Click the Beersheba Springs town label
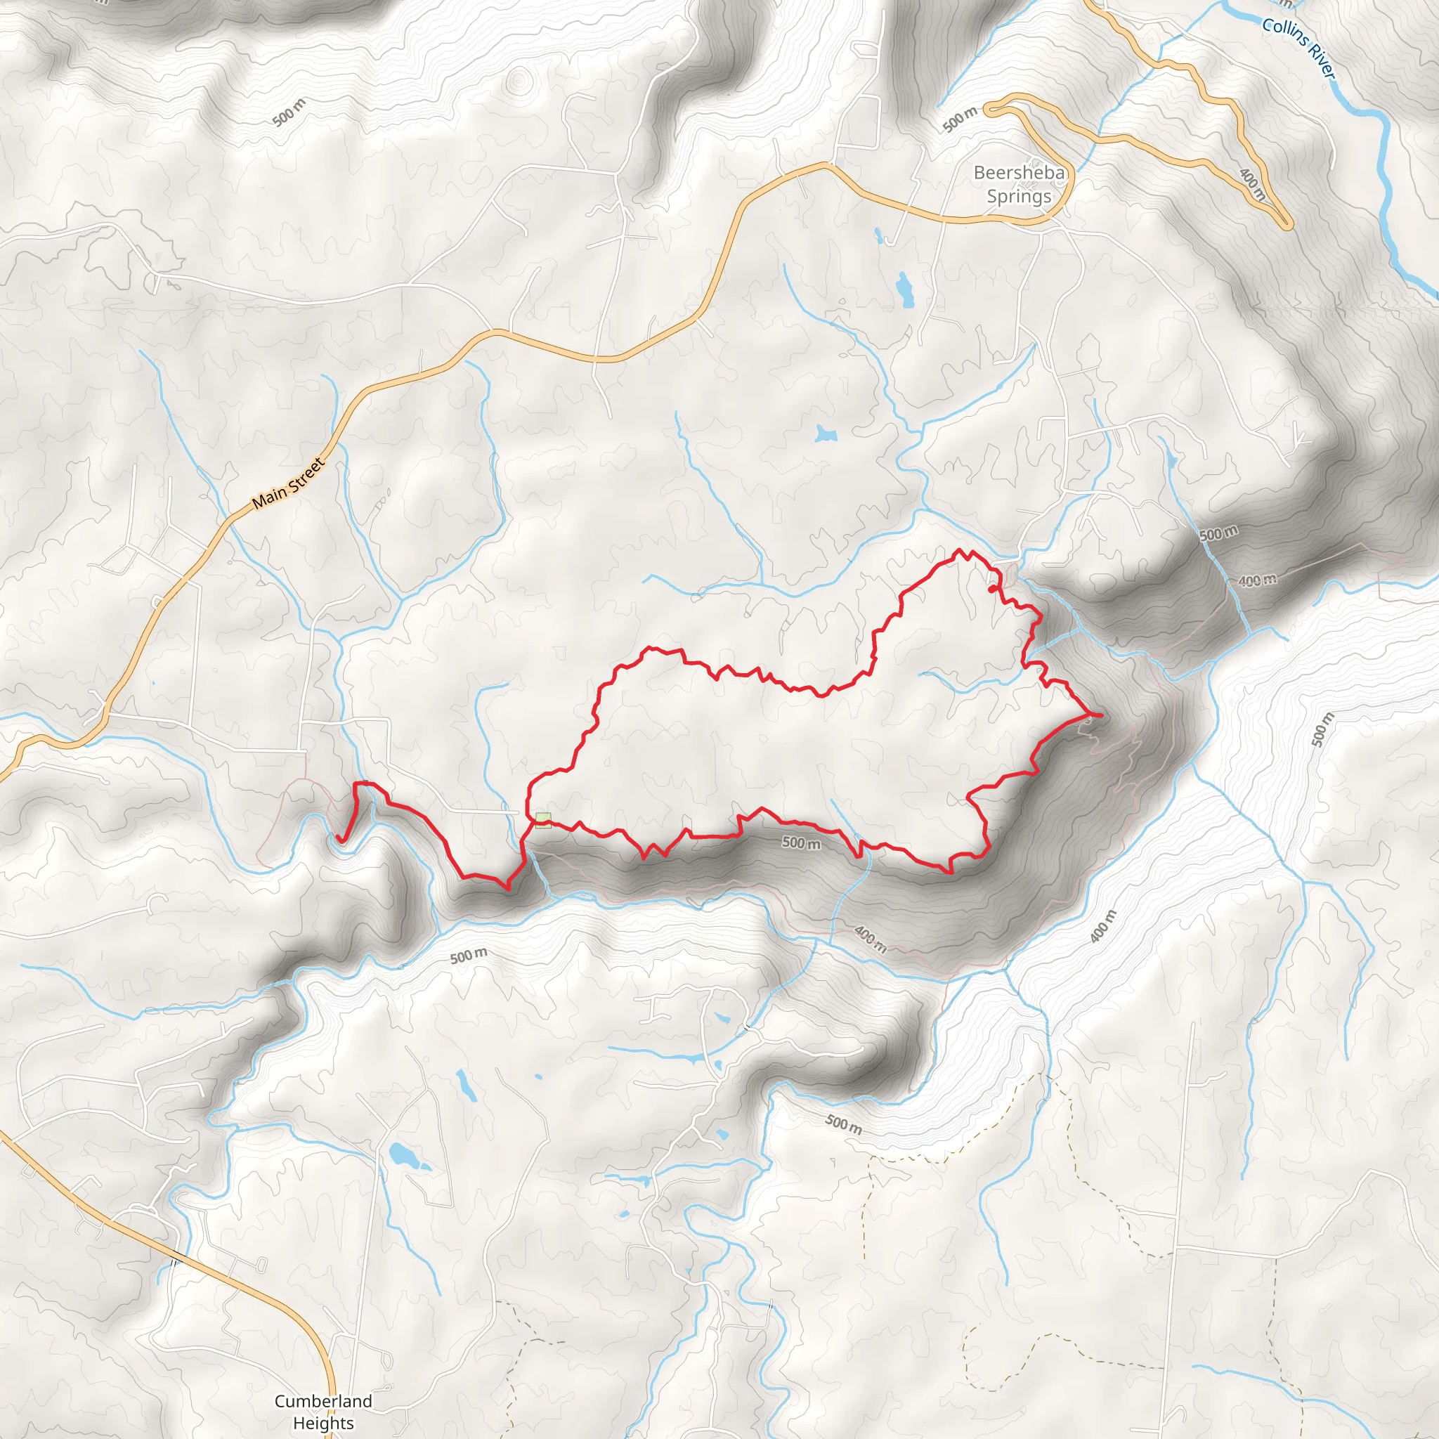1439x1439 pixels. (1019, 185)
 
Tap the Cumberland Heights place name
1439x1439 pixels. (323, 1412)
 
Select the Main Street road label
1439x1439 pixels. (288, 484)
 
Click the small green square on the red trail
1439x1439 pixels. (543, 820)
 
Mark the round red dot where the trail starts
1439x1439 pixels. (991, 589)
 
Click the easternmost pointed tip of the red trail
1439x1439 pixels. (1100, 716)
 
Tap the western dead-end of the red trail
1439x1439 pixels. (339, 839)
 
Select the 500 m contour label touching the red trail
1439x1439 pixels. (802, 843)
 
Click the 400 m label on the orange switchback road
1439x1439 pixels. (1251, 184)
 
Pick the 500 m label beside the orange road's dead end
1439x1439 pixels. (959, 119)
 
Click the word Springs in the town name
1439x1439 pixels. (1019, 197)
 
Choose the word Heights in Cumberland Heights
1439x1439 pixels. (323, 1423)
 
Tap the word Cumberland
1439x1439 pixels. (323, 1401)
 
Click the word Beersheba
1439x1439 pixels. (1019, 173)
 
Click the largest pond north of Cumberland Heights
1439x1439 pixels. (403, 1155)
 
